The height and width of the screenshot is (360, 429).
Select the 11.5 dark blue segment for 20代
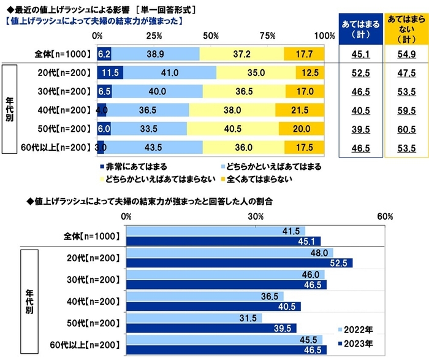pyautogui.click(x=110, y=72)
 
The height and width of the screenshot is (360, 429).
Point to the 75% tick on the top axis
pyautogui.click(x=267, y=36)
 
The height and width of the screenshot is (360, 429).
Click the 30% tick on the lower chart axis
pyautogui.click(x=255, y=217)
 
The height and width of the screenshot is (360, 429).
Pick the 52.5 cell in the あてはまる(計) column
pyautogui.click(x=358, y=73)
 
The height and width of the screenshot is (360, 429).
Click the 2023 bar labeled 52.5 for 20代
pyautogui.click(x=239, y=263)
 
